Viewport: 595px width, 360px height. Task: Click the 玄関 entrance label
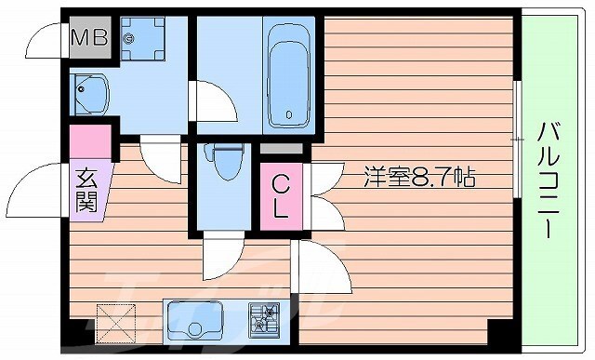[x=86, y=188]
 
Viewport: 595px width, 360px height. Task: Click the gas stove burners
[x=265, y=318]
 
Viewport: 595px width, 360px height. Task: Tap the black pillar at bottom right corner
[x=500, y=331]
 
